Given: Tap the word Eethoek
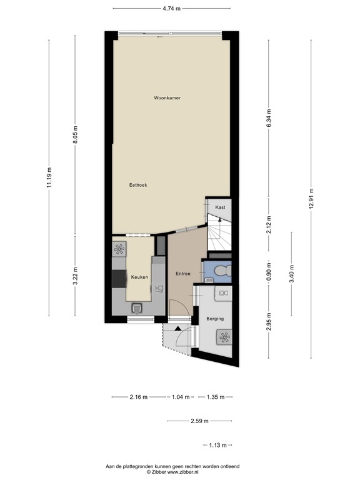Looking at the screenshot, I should [x=137, y=185].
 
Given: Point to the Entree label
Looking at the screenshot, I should [x=182, y=273].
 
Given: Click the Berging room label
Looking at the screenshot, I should [x=215, y=319].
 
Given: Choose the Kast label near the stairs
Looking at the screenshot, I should [x=219, y=206].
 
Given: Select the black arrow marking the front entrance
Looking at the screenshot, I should [x=178, y=327].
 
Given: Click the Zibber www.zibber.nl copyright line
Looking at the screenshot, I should [x=180, y=472].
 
